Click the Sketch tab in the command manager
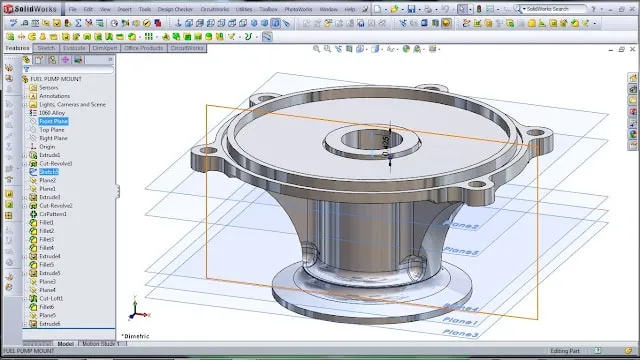point(46,47)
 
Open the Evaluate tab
point(74,47)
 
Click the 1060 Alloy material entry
point(51,113)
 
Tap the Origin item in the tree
point(48,146)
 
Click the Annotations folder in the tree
point(55,95)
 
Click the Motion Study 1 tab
point(101,343)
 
